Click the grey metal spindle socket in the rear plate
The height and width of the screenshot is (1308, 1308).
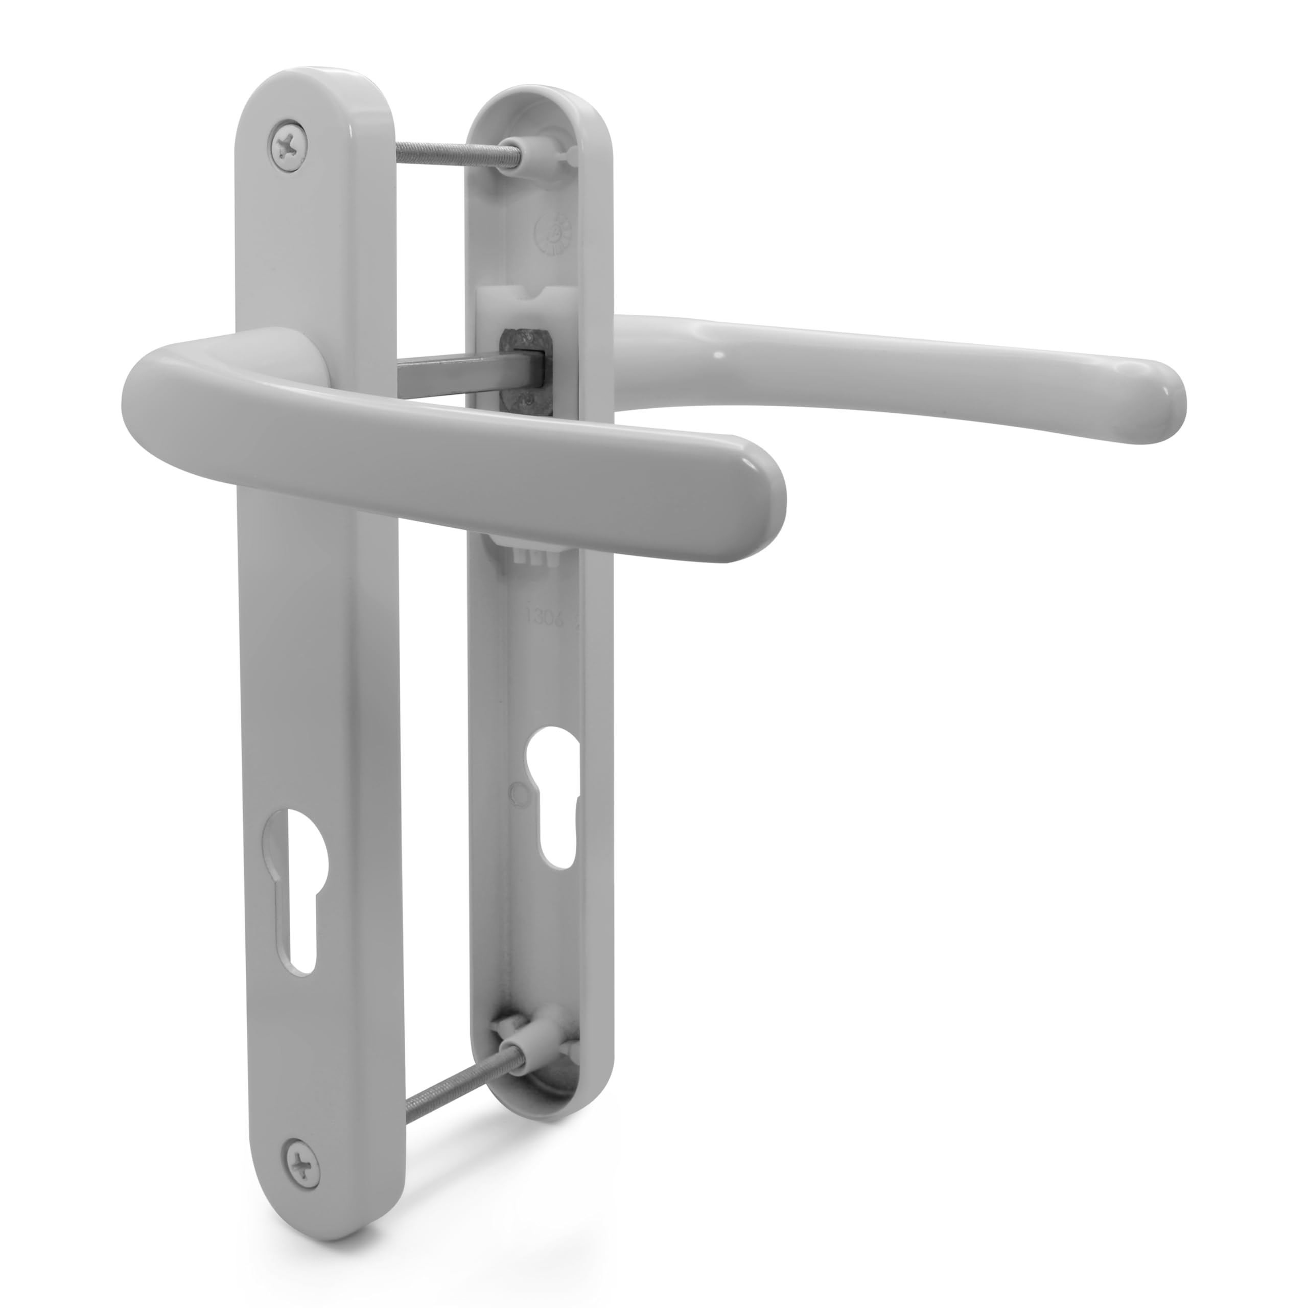[x=525, y=369]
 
